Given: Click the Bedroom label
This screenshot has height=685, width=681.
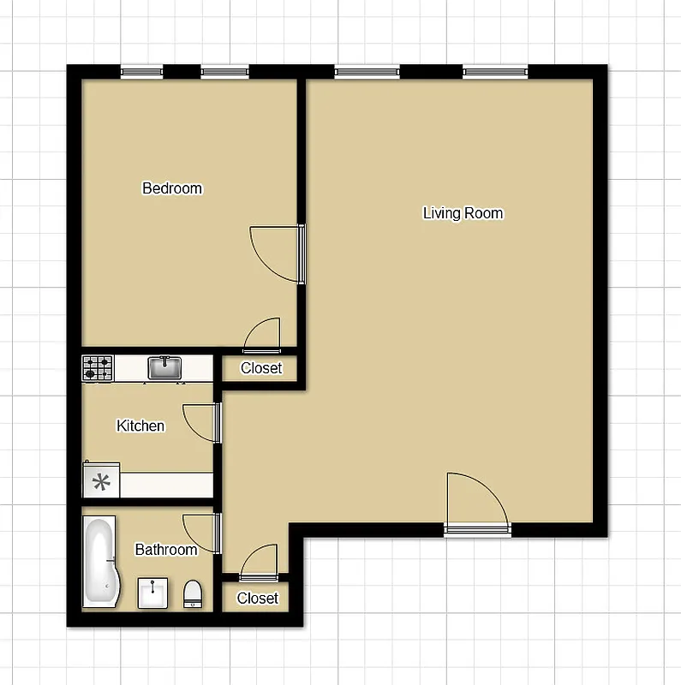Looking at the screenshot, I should [x=172, y=188].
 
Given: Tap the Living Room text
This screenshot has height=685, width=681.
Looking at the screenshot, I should [x=463, y=213].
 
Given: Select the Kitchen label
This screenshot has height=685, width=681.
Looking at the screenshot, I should [x=140, y=426].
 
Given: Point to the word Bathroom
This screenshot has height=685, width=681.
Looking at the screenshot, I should [x=166, y=550].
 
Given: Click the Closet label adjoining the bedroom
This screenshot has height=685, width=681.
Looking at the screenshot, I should [x=261, y=368].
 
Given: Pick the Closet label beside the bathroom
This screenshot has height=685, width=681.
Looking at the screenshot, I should [x=258, y=598].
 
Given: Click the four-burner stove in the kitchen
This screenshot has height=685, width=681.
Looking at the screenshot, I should [x=98, y=368].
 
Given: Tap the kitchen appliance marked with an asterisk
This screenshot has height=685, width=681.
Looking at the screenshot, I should [x=101, y=482].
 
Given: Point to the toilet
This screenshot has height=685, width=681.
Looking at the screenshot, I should [x=194, y=593].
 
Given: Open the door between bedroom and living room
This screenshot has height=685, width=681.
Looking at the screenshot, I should [x=277, y=253].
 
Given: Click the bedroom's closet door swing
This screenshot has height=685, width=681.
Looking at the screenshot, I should [x=263, y=336].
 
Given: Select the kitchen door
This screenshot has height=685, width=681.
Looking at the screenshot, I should [x=203, y=423].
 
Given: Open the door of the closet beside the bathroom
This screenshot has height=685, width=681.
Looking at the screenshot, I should [x=260, y=563].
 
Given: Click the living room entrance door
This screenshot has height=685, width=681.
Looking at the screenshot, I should [x=476, y=503].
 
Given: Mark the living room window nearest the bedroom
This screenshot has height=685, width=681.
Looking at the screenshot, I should [x=367, y=72].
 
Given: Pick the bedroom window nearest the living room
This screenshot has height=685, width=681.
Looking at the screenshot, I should [x=224, y=72].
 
